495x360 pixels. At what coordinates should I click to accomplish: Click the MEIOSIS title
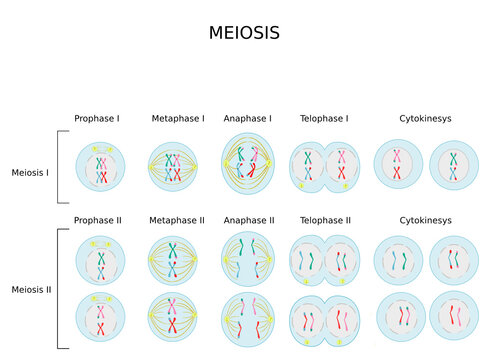tap(244, 33)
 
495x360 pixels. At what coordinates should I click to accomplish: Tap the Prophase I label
tap(97, 118)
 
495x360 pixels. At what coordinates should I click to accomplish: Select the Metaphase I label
tap(177, 118)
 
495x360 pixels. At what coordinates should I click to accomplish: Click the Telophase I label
tap(324, 118)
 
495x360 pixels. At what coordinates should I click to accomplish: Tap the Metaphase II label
tap(177, 220)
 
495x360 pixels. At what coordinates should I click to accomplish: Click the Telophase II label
tap(325, 220)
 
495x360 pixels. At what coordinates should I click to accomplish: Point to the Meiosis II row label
tap(30, 289)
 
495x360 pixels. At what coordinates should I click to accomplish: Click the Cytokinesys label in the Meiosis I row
tap(425, 118)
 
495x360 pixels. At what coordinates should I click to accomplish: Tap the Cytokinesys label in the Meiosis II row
tap(425, 220)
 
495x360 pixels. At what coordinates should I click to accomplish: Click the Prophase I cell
tap(101, 165)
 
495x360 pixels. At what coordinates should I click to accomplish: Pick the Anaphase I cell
tap(247, 164)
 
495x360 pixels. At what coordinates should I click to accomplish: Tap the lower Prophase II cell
tap(101, 318)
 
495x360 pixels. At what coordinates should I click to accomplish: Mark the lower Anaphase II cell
tap(247, 319)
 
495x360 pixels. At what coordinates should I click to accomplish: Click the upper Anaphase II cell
tap(247, 260)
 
